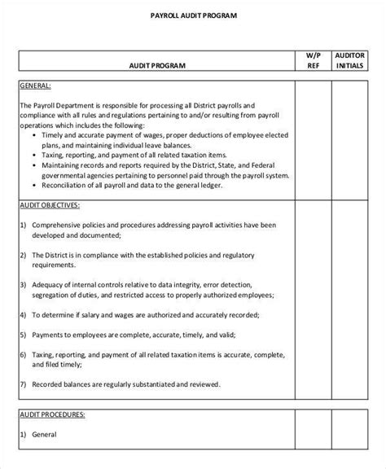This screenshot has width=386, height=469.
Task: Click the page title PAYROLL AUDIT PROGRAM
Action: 193,15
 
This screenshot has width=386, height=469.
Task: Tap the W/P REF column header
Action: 313,62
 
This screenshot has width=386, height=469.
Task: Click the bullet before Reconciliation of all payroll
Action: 32,185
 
